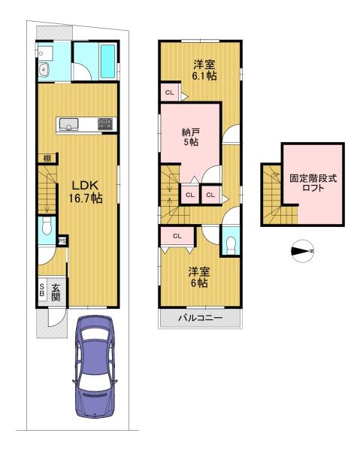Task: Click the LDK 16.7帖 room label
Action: (86, 192)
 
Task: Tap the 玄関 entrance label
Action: (56, 292)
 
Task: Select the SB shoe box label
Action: (42, 290)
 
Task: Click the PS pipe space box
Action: (62, 241)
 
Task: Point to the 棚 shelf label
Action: (47, 158)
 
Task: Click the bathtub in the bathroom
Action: (108, 62)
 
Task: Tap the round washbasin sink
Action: (44, 69)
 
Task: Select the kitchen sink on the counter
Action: (68, 124)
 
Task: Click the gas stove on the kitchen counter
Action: (105, 124)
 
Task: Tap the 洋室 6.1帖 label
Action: (204, 70)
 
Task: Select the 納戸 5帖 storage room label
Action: (191, 138)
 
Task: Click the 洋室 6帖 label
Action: (199, 277)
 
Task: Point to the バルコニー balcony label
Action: (201, 318)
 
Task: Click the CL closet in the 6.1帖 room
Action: (170, 92)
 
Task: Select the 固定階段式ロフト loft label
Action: (313, 183)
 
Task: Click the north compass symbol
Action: (302, 251)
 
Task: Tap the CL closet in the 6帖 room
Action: (177, 236)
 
